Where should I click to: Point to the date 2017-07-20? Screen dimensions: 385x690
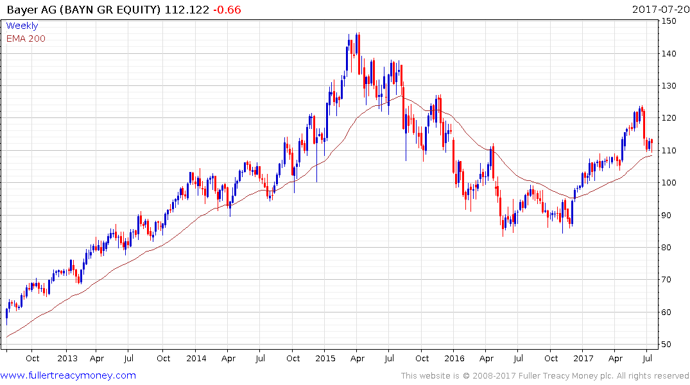(x=660, y=10)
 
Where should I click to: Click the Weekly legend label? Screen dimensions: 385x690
(x=22, y=26)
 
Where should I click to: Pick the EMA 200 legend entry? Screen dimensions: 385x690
(x=26, y=38)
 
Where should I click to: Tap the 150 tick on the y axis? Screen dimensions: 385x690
(x=671, y=21)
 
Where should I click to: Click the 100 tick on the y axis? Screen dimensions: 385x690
(x=671, y=183)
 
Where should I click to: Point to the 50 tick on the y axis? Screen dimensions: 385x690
(x=668, y=345)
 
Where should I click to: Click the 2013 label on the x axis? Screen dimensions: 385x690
(x=67, y=358)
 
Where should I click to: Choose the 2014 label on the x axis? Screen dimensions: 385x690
(x=196, y=358)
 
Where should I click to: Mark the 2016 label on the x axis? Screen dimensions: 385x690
(x=454, y=358)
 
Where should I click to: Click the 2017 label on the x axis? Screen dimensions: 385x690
(x=583, y=358)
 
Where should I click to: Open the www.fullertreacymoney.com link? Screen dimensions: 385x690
(x=68, y=375)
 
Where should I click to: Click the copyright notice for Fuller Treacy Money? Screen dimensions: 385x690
(x=545, y=375)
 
